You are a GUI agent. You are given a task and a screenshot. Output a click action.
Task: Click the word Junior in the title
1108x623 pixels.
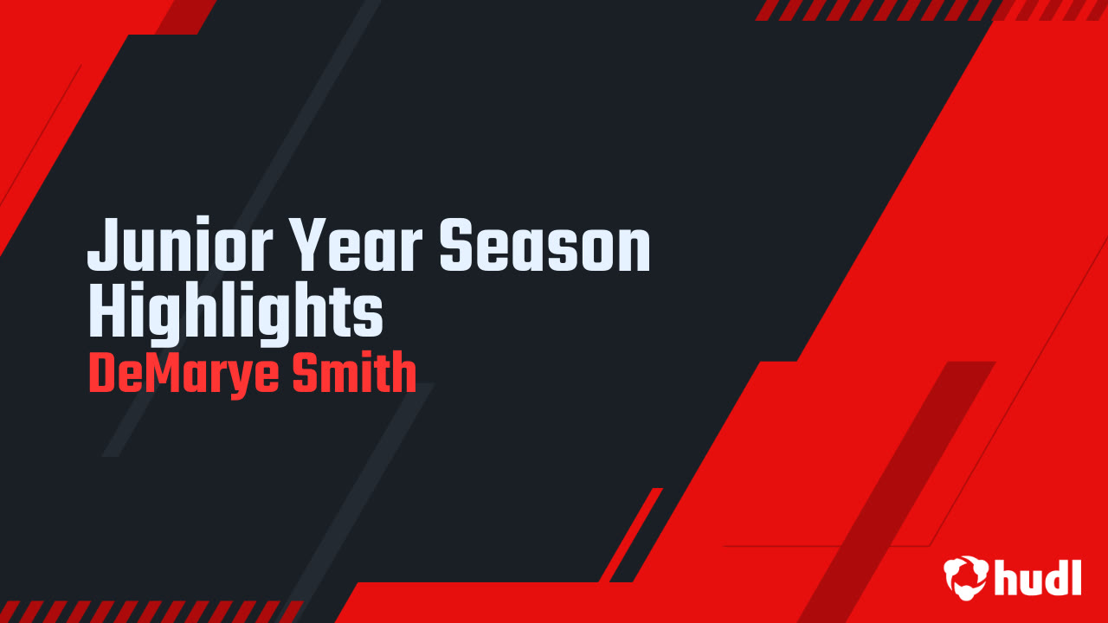[x=180, y=244]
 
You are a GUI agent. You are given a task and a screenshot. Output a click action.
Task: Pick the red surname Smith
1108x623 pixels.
[x=354, y=373]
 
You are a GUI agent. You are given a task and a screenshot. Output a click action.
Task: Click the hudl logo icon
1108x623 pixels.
[x=966, y=577]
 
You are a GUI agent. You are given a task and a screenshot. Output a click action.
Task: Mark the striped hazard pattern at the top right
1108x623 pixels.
[x=931, y=10]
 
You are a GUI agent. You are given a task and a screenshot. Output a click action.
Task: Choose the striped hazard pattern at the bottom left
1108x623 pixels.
[x=151, y=612]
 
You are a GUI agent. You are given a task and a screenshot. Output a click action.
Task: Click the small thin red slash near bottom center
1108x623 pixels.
[x=631, y=535]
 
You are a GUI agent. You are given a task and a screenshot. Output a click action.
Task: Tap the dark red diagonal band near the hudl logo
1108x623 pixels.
[x=896, y=492]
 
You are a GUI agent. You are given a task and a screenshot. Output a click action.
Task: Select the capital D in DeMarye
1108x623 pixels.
[x=103, y=373]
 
